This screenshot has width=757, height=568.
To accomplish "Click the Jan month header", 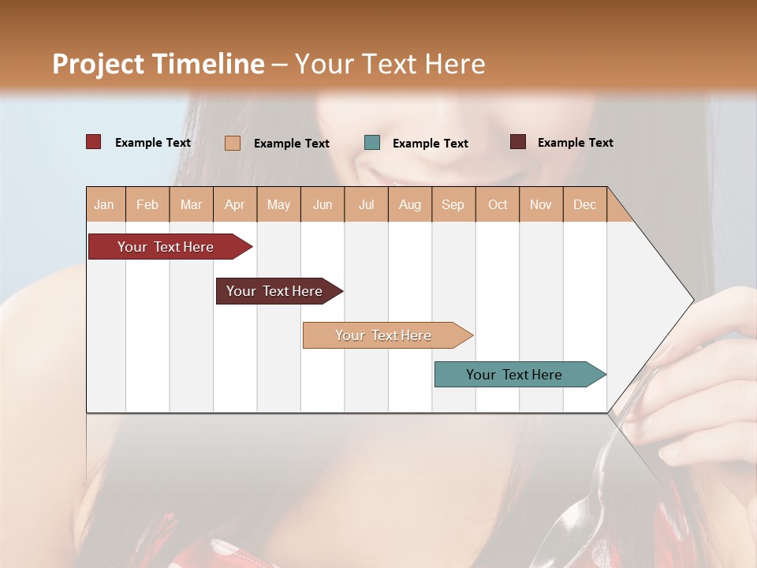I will click(x=105, y=204).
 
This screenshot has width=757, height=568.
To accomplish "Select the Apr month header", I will click(x=235, y=204).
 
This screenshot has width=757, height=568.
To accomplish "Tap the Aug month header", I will click(x=409, y=204).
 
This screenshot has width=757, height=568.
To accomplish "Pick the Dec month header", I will click(x=584, y=204).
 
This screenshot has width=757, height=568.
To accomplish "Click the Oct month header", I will click(x=498, y=204).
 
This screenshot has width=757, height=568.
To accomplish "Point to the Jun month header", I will click(x=323, y=204).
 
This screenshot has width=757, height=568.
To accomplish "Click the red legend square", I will click(x=94, y=142).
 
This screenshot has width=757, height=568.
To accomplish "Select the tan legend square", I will click(x=233, y=143).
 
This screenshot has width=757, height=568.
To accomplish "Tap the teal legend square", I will click(x=372, y=143).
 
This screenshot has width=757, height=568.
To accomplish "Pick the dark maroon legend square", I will click(x=518, y=142).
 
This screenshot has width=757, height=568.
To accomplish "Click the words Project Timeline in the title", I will click(x=158, y=64).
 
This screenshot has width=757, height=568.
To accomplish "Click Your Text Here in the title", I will click(x=390, y=64).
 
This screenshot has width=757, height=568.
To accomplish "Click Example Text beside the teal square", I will click(x=430, y=143).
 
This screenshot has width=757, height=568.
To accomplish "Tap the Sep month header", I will click(x=453, y=204).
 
